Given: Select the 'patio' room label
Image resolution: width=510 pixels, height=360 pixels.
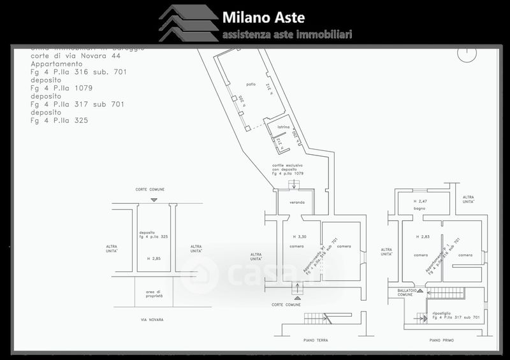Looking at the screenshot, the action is click(252, 84).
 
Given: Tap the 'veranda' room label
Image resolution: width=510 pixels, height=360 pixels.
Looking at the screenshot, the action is click(297, 203).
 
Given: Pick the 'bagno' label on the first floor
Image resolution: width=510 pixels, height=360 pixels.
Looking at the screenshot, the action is click(419, 208).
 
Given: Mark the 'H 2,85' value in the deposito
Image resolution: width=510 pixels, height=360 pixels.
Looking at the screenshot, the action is click(153, 258).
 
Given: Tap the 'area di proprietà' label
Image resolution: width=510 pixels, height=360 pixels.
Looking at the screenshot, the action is click(153, 293).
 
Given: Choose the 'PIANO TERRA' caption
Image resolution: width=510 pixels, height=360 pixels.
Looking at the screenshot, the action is click(315, 341).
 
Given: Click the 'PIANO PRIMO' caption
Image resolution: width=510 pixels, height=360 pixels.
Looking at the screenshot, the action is click(442, 341).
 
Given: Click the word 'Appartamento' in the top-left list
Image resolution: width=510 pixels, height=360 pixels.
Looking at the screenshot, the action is click(56, 64).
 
